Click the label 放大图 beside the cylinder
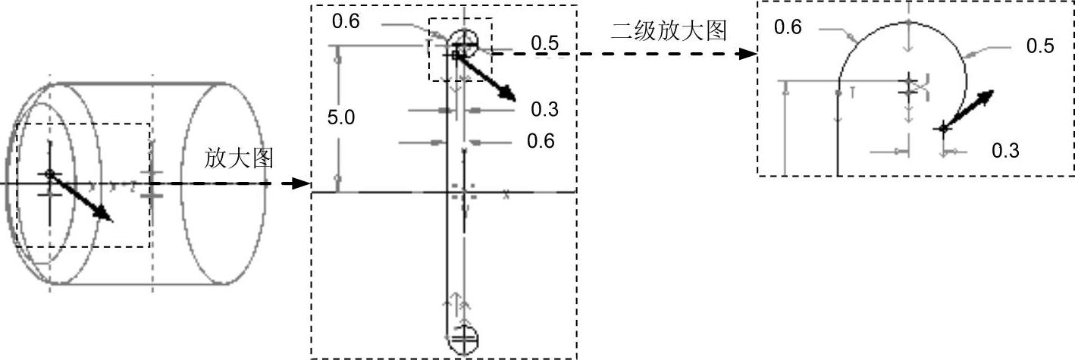pos(238,158)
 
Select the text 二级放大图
pos(669,30)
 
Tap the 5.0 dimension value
pos(341,117)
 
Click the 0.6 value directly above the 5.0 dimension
pos(346,23)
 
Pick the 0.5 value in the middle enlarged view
pos(544,43)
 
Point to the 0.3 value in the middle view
pos(544,110)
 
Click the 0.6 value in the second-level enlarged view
pos(788,28)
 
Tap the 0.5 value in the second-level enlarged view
pos(1040,46)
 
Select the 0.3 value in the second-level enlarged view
pos(1005,152)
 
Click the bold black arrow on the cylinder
pos(83,198)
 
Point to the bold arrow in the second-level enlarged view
pos(970,109)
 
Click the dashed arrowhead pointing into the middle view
pos(302,183)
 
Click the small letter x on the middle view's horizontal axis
pos(506,195)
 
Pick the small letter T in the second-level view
pos(853,92)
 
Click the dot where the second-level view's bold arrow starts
pos(943,128)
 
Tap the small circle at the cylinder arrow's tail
pos(50,174)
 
